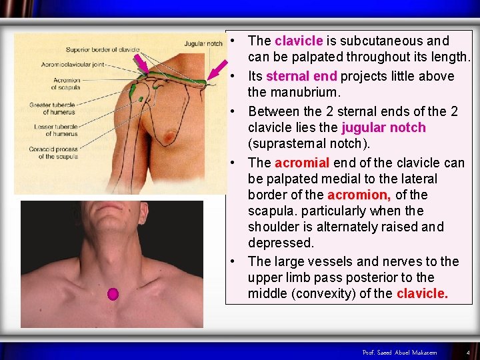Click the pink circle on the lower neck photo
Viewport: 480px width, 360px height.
click(x=113, y=293)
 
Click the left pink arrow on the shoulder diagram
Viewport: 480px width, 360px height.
click(x=141, y=64)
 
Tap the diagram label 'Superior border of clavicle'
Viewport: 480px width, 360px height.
click(x=103, y=50)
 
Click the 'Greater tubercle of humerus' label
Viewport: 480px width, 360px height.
click(x=52, y=109)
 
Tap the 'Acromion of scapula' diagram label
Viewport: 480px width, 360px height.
click(x=67, y=84)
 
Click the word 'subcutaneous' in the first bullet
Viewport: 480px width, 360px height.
click(x=379, y=41)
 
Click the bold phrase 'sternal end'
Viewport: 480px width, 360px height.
click(x=301, y=76)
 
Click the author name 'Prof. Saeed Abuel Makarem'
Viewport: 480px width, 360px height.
click(x=400, y=352)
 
